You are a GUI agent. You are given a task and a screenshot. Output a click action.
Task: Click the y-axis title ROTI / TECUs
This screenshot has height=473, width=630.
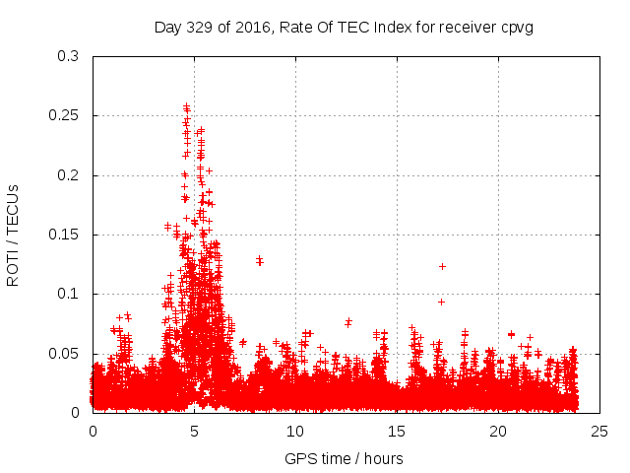pos(13,235)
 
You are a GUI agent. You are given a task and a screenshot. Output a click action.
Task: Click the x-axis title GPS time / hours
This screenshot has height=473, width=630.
pos(344,458)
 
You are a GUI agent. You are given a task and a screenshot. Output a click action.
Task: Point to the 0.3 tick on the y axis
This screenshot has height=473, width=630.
pos(69,56)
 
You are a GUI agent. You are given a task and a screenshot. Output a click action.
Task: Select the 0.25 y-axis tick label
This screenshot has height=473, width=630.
pos(65,115)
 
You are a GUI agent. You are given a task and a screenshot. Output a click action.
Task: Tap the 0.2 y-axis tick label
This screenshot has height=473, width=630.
pos(69,175)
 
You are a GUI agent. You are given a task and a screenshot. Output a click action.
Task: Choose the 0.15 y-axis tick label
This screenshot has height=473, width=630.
pos(65,235)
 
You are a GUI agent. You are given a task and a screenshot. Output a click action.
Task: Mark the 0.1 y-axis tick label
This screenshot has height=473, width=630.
pos(69,294)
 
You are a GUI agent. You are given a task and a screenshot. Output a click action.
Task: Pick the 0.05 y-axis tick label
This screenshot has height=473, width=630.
pos(65,354)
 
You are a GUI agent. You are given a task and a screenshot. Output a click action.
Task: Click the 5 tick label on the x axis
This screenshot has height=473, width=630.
pos(195,431)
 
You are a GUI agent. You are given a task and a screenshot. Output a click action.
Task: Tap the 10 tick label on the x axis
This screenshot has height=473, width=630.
pos(295,431)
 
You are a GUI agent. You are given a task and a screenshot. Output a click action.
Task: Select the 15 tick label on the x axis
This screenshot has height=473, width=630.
pos(398,431)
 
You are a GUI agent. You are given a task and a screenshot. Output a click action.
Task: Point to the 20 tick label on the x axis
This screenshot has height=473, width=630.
pos(499,431)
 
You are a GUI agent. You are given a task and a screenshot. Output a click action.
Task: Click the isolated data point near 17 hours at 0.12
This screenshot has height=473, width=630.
pos(442,266)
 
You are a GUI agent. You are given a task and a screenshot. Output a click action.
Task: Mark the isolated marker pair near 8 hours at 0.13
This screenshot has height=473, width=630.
pos(259,260)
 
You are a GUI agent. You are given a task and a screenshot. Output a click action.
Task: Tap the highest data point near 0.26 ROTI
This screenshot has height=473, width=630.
pos(186,106)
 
